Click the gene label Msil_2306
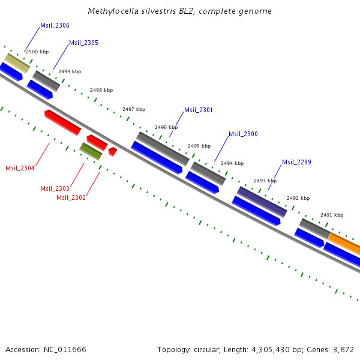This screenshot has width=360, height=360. pyautogui.click(x=55, y=25)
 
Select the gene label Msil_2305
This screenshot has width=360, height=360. pyautogui.click(x=83, y=43)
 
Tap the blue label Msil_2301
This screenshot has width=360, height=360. pyautogui.click(x=198, y=110)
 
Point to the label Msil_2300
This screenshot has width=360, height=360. pyautogui.click(x=243, y=134)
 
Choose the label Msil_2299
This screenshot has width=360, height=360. pyautogui.click(x=296, y=162)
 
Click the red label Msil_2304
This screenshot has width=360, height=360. pyautogui.click(x=20, y=168)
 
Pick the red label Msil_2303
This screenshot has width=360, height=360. pyautogui.click(x=55, y=188)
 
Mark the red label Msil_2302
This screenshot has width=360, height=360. pyautogui.click(x=71, y=197)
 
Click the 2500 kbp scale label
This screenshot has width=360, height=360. pyautogui.click(x=37, y=52)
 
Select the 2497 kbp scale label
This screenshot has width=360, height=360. pyautogui.click(x=134, y=109)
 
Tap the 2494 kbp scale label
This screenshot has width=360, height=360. pyautogui.click(x=232, y=163)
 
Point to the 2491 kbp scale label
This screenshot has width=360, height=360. pyautogui.click(x=331, y=214)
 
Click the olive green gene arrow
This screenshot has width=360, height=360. pyautogui.click(x=91, y=151)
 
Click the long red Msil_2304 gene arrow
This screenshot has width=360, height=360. pyautogui.click(x=62, y=122)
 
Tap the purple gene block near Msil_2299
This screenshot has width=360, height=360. pyautogui.click(x=262, y=202)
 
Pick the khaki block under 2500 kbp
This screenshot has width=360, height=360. pyautogui.click(x=17, y=63)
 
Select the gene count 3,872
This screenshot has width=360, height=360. pyautogui.click(x=343, y=349)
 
